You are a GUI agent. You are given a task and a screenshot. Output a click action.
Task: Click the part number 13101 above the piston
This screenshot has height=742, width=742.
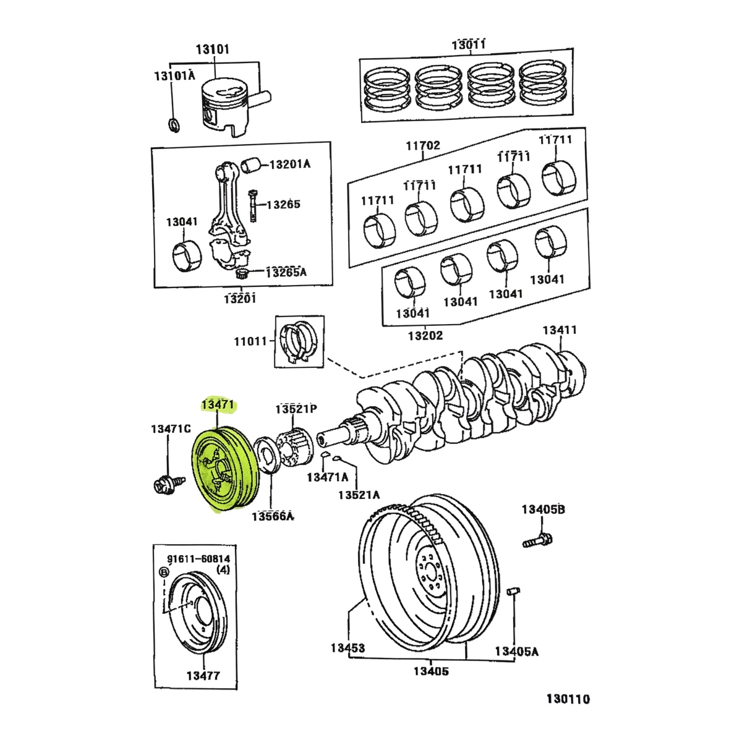point(212,48)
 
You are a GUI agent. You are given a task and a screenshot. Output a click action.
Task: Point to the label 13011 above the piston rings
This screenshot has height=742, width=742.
point(468,45)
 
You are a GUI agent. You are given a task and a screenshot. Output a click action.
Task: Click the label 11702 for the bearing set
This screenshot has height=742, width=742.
point(423,146)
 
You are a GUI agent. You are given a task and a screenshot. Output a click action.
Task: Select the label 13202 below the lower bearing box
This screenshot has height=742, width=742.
point(425,336)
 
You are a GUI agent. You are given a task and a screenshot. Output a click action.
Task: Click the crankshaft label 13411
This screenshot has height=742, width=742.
point(560,330)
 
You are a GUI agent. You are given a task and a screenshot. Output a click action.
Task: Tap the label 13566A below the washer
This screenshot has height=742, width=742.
point(272,516)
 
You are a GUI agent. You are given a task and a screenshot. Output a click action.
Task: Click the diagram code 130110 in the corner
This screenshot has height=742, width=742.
point(568,699)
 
